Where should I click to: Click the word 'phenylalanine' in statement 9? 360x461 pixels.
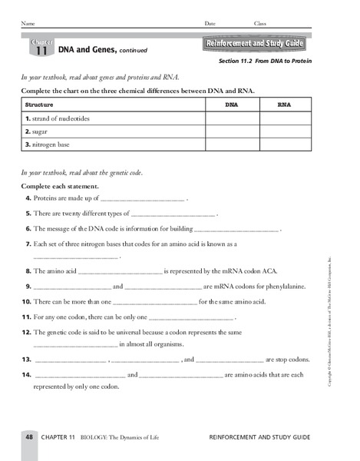(x=274, y=286)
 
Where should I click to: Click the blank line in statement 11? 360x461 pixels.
(x=190, y=316)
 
